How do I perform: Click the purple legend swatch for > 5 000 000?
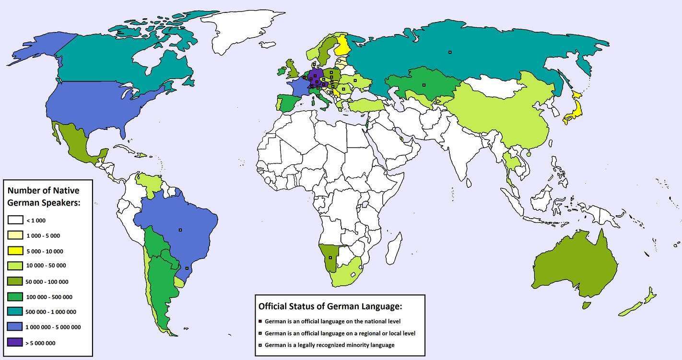[15, 343]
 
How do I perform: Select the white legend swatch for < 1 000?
[15, 220]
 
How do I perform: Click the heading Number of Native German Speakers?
[44, 197]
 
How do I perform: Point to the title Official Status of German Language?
[330, 306]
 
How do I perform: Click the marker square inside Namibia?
[330, 258]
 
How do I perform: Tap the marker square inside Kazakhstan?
[423, 85]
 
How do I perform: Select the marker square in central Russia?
[450, 52]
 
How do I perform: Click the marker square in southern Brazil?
[187, 268]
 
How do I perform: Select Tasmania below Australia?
[586, 305]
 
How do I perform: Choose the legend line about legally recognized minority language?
[329, 345]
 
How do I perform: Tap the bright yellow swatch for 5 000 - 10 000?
[15, 251]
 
